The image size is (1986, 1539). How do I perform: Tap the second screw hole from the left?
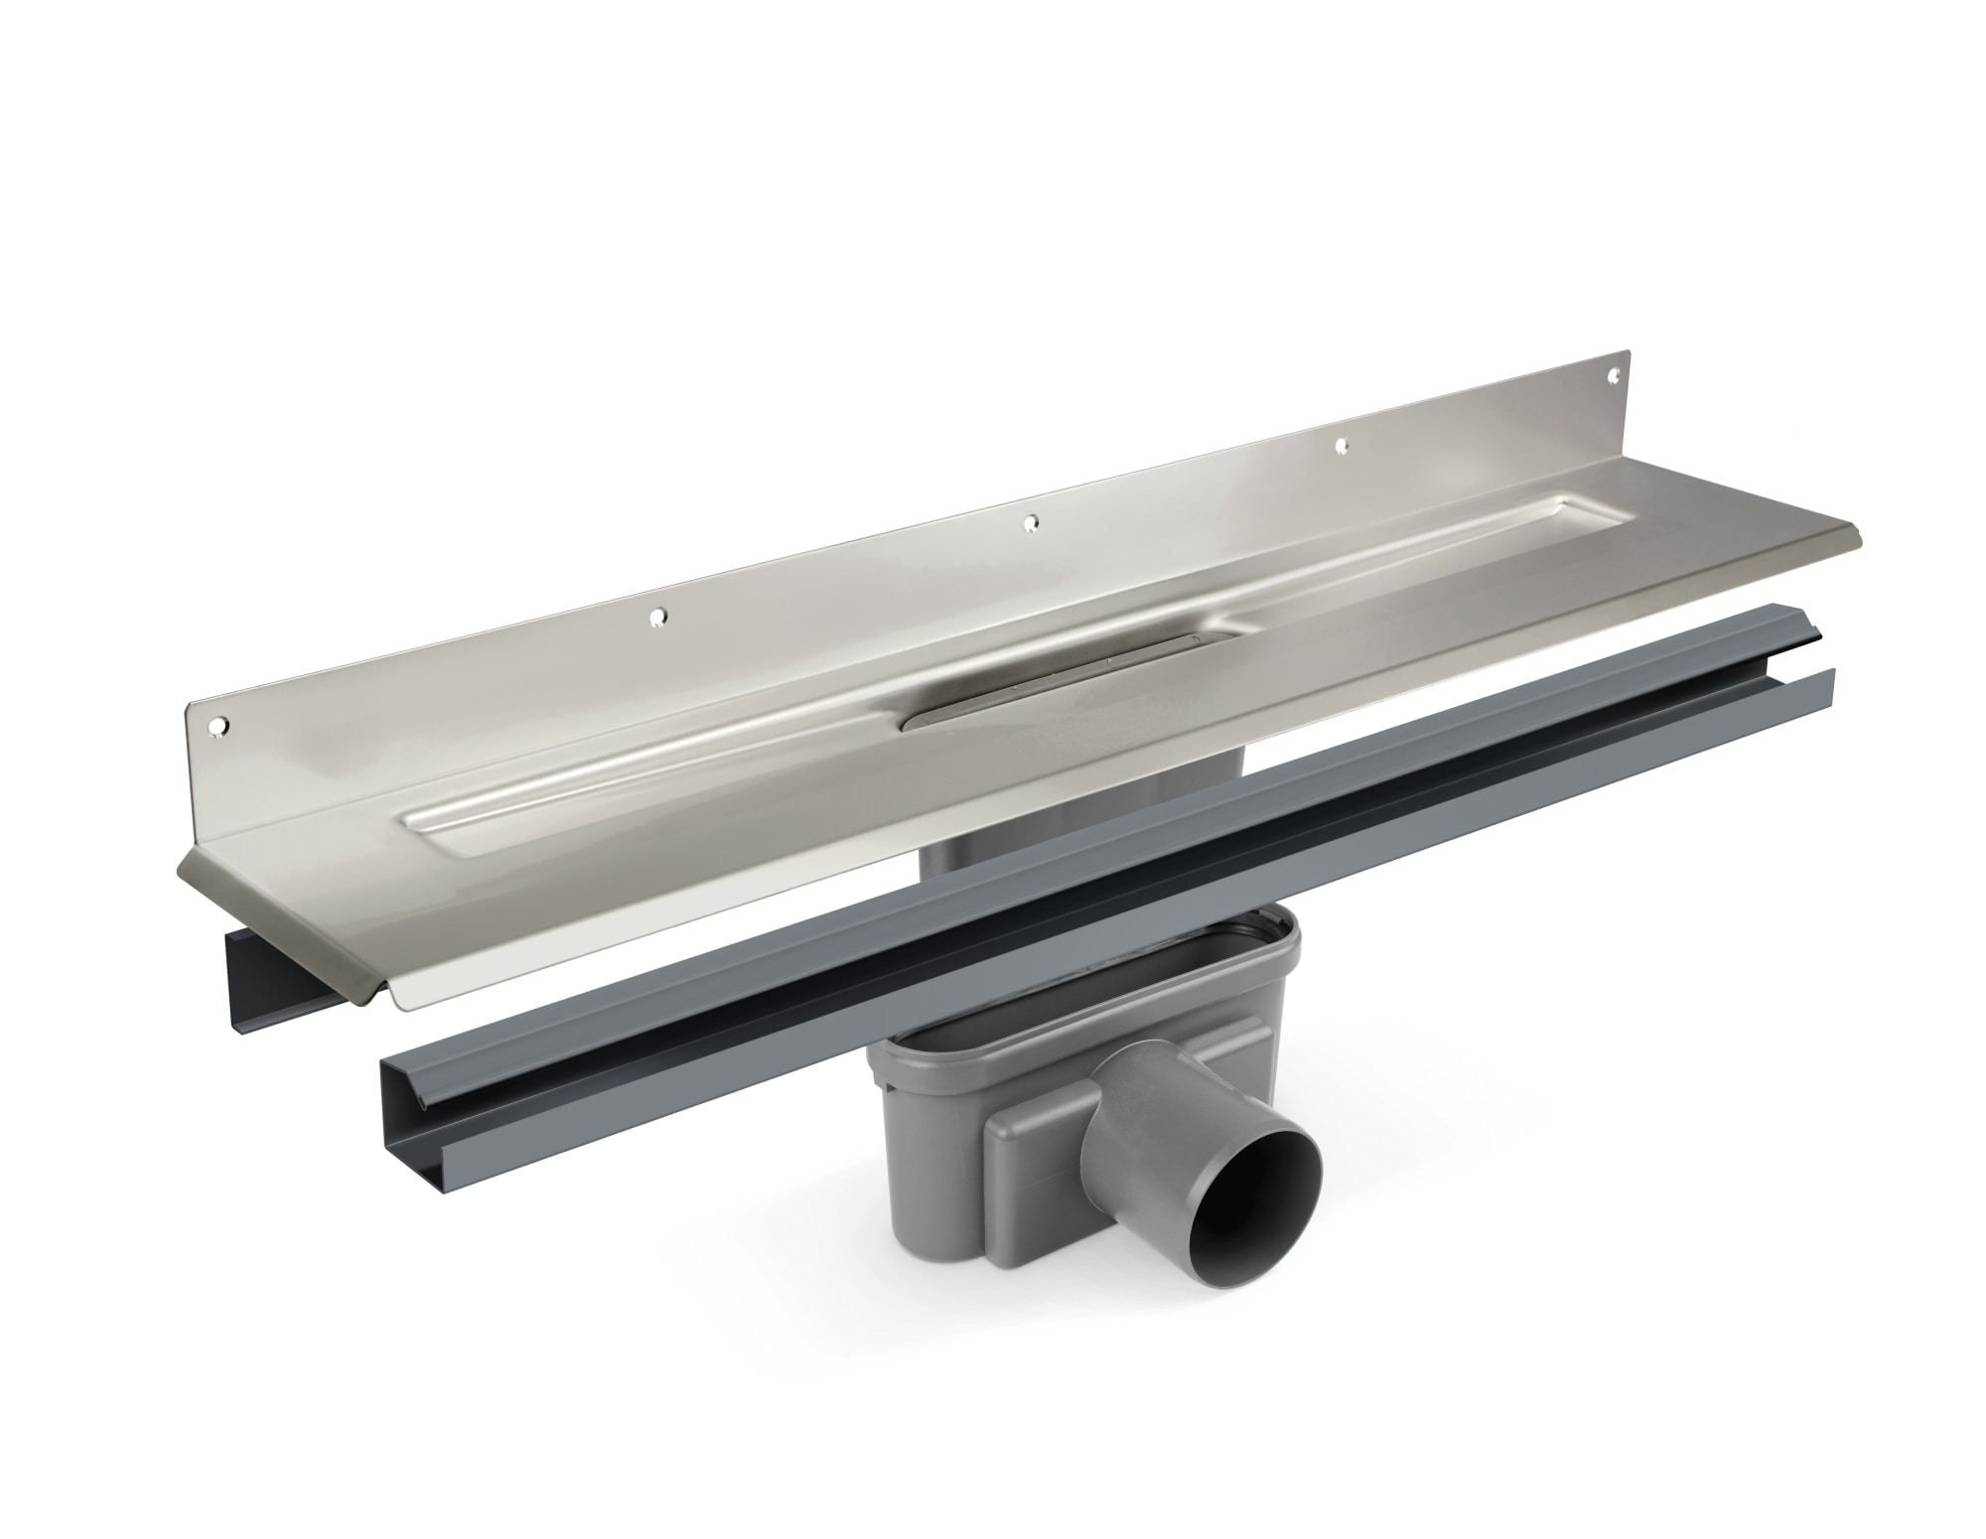point(656,618)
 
